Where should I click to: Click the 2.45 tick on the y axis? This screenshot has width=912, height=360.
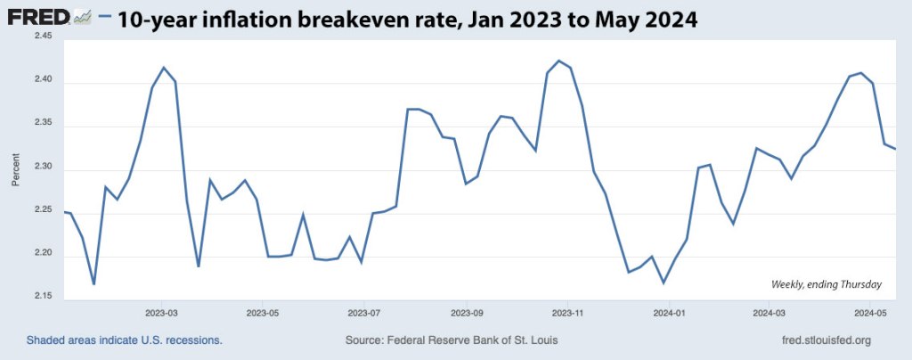click(42, 37)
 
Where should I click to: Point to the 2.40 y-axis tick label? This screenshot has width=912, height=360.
click(42, 80)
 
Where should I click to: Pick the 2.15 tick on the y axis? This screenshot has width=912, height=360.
click(42, 296)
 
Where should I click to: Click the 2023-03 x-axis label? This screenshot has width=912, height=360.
click(161, 314)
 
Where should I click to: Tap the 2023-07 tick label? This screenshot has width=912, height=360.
click(364, 314)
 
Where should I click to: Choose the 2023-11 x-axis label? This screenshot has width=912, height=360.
click(566, 314)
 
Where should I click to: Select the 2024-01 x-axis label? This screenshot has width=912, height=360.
click(668, 314)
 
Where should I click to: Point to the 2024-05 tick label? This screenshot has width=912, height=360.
click(870, 314)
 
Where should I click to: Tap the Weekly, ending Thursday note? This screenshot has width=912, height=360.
click(826, 284)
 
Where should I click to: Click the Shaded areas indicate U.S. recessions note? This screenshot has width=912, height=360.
click(124, 340)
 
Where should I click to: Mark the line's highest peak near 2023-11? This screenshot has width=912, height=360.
click(558, 61)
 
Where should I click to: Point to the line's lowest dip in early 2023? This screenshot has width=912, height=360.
click(94, 284)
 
